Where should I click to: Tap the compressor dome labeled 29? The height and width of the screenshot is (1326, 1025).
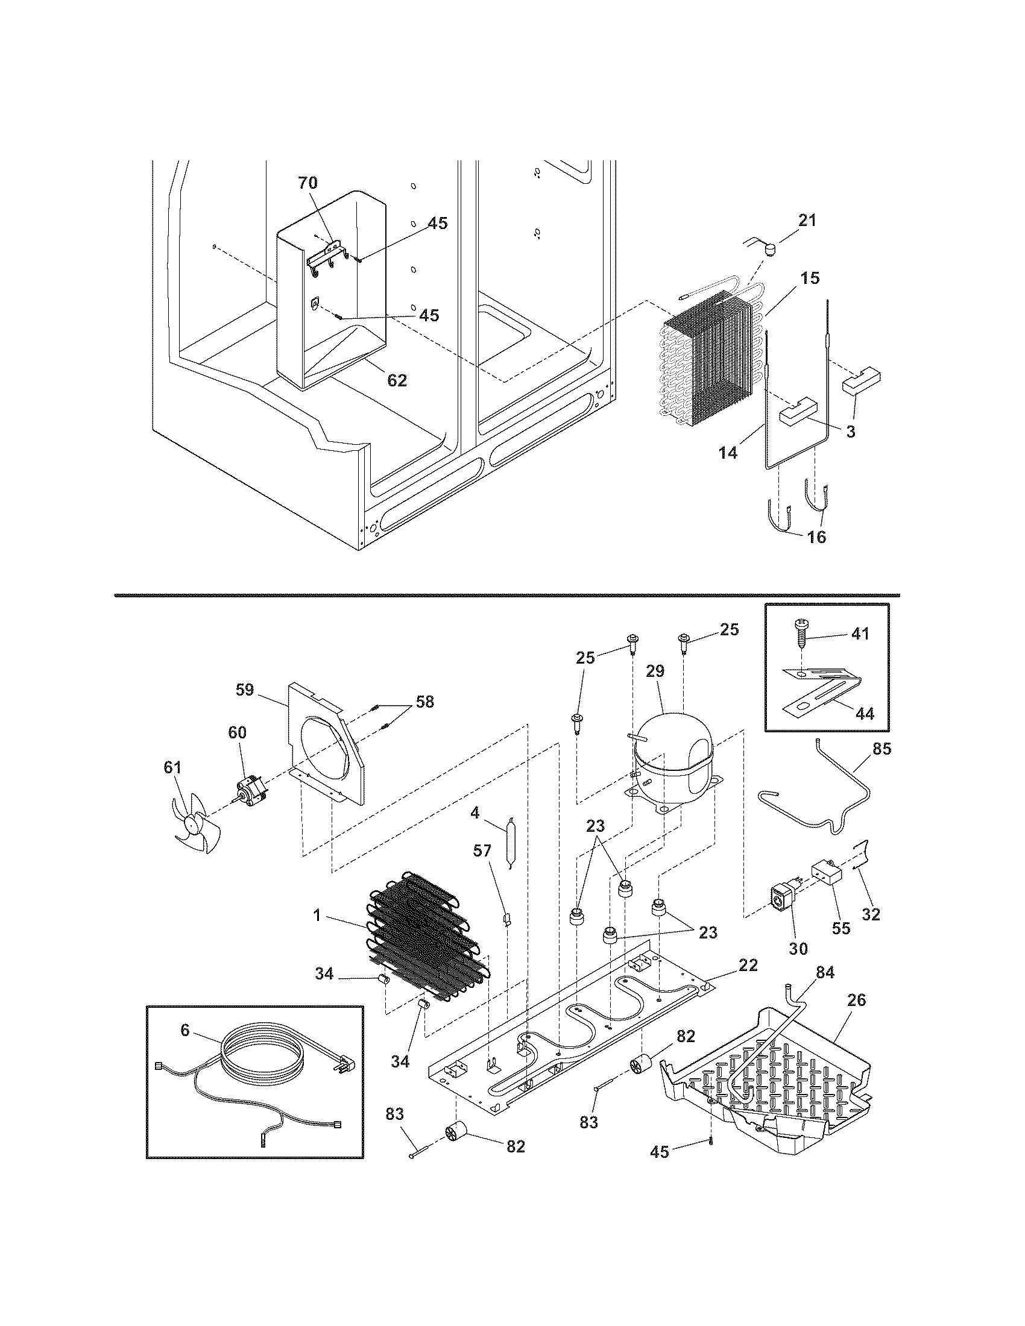pos(672,750)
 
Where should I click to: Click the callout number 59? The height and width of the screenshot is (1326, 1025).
pos(245,690)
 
